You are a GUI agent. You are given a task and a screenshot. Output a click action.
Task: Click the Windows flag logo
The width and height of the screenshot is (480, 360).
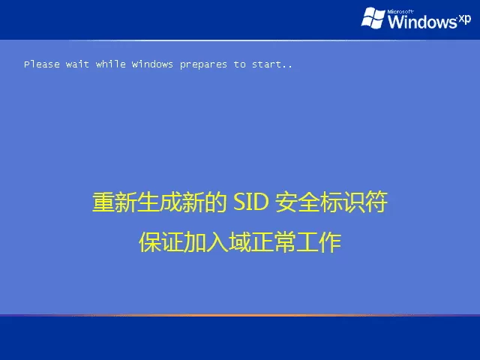[x=373, y=17]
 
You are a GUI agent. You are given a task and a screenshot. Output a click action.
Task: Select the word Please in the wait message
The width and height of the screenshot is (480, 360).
[x=41, y=64]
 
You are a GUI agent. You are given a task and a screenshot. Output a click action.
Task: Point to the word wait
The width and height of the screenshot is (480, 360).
[x=77, y=64]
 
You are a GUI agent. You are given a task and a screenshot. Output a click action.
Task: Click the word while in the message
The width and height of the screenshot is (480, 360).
[x=110, y=64]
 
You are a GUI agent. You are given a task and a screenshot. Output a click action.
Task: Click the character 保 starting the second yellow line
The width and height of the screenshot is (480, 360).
[x=150, y=243]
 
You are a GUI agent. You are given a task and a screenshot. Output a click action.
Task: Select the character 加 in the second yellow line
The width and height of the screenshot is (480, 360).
[x=195, y=243]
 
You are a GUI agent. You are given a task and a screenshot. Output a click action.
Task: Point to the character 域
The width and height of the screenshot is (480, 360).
[x=240, y=243]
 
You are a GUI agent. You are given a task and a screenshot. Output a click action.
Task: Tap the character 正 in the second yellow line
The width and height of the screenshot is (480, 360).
[x=262, y=243]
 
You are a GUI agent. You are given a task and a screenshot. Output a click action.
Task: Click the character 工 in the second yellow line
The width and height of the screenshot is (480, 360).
[x=307, y=243]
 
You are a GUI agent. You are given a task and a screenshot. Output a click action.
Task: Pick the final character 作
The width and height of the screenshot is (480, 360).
[x=330, y=243]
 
